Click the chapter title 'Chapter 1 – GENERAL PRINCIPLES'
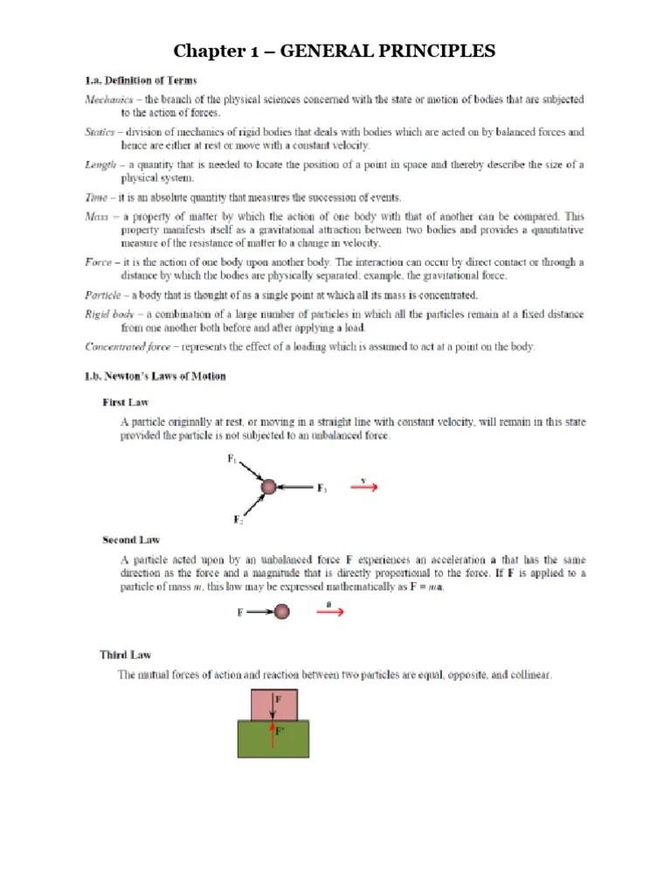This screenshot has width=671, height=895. [335, 52]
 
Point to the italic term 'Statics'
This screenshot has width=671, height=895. [100, 133]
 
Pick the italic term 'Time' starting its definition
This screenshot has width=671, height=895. [96, 198]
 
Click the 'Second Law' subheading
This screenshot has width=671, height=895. [131, 540]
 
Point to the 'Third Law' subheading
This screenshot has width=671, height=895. [127, 655]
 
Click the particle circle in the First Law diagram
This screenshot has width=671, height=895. [268, 487]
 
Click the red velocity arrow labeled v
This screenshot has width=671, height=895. [363, 489]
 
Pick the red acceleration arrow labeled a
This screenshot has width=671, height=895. [329, 613]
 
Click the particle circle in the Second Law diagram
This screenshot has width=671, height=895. [281, 613]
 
